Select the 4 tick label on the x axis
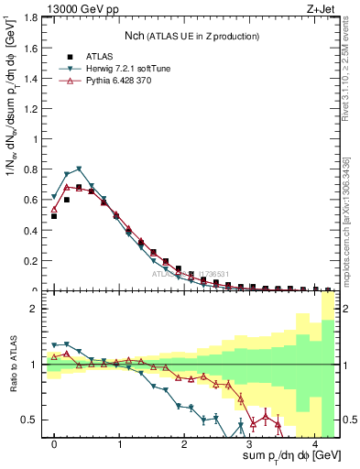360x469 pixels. pyautogui.click(x=314, y=444)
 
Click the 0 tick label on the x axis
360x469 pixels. pyautogui.click(x=54, y=444)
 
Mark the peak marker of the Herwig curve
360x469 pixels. pyautogui.click(x=80, y=169)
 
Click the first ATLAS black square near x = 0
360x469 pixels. pyautogui.click(x=54, y=216)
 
